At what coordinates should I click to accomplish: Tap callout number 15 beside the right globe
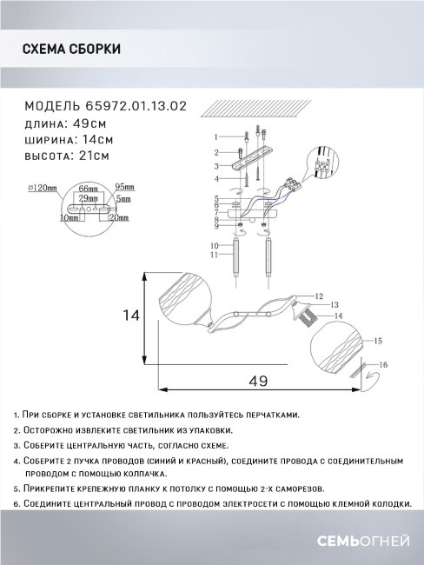click(x=379, y=342)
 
